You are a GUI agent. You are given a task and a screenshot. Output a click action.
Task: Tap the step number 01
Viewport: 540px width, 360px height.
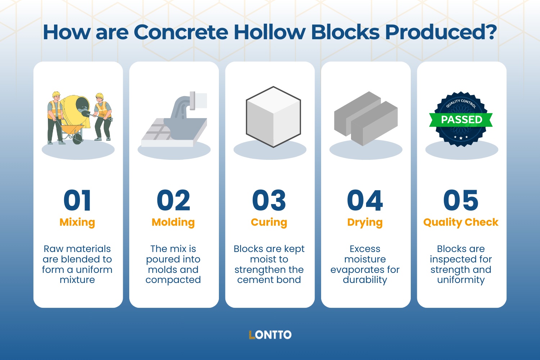(77, 201)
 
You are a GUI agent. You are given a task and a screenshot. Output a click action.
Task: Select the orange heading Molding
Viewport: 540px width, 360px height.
(173, 222)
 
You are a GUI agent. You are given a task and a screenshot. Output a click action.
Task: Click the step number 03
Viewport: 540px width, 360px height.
(269, 201)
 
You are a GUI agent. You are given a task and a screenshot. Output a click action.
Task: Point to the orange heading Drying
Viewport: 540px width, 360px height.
(365, 222)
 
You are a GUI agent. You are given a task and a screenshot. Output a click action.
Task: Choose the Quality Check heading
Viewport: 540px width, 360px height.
(461, 222)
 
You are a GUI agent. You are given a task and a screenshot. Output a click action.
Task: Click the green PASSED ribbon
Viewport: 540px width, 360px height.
(461, 120)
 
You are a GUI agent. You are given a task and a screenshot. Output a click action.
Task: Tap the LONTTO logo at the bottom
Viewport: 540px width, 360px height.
(270, 335)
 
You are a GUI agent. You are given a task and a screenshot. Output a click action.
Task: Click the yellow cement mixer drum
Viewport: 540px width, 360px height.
(74, 108)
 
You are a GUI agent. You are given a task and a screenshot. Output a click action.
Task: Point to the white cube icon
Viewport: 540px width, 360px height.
(273, 117)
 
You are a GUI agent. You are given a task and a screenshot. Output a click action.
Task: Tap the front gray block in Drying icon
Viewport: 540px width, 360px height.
(374, 124)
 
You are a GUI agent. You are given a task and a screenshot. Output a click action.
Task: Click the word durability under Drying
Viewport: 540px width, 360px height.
(365, 280)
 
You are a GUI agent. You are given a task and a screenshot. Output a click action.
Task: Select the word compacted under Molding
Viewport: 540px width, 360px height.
(173, 280)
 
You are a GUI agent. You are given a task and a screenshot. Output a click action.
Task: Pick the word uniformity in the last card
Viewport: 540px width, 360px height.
(461, 280)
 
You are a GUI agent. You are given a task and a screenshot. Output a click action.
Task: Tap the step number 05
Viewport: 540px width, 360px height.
(461, 201)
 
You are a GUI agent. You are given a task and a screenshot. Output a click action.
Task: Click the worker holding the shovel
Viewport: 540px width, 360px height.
(102, 117)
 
